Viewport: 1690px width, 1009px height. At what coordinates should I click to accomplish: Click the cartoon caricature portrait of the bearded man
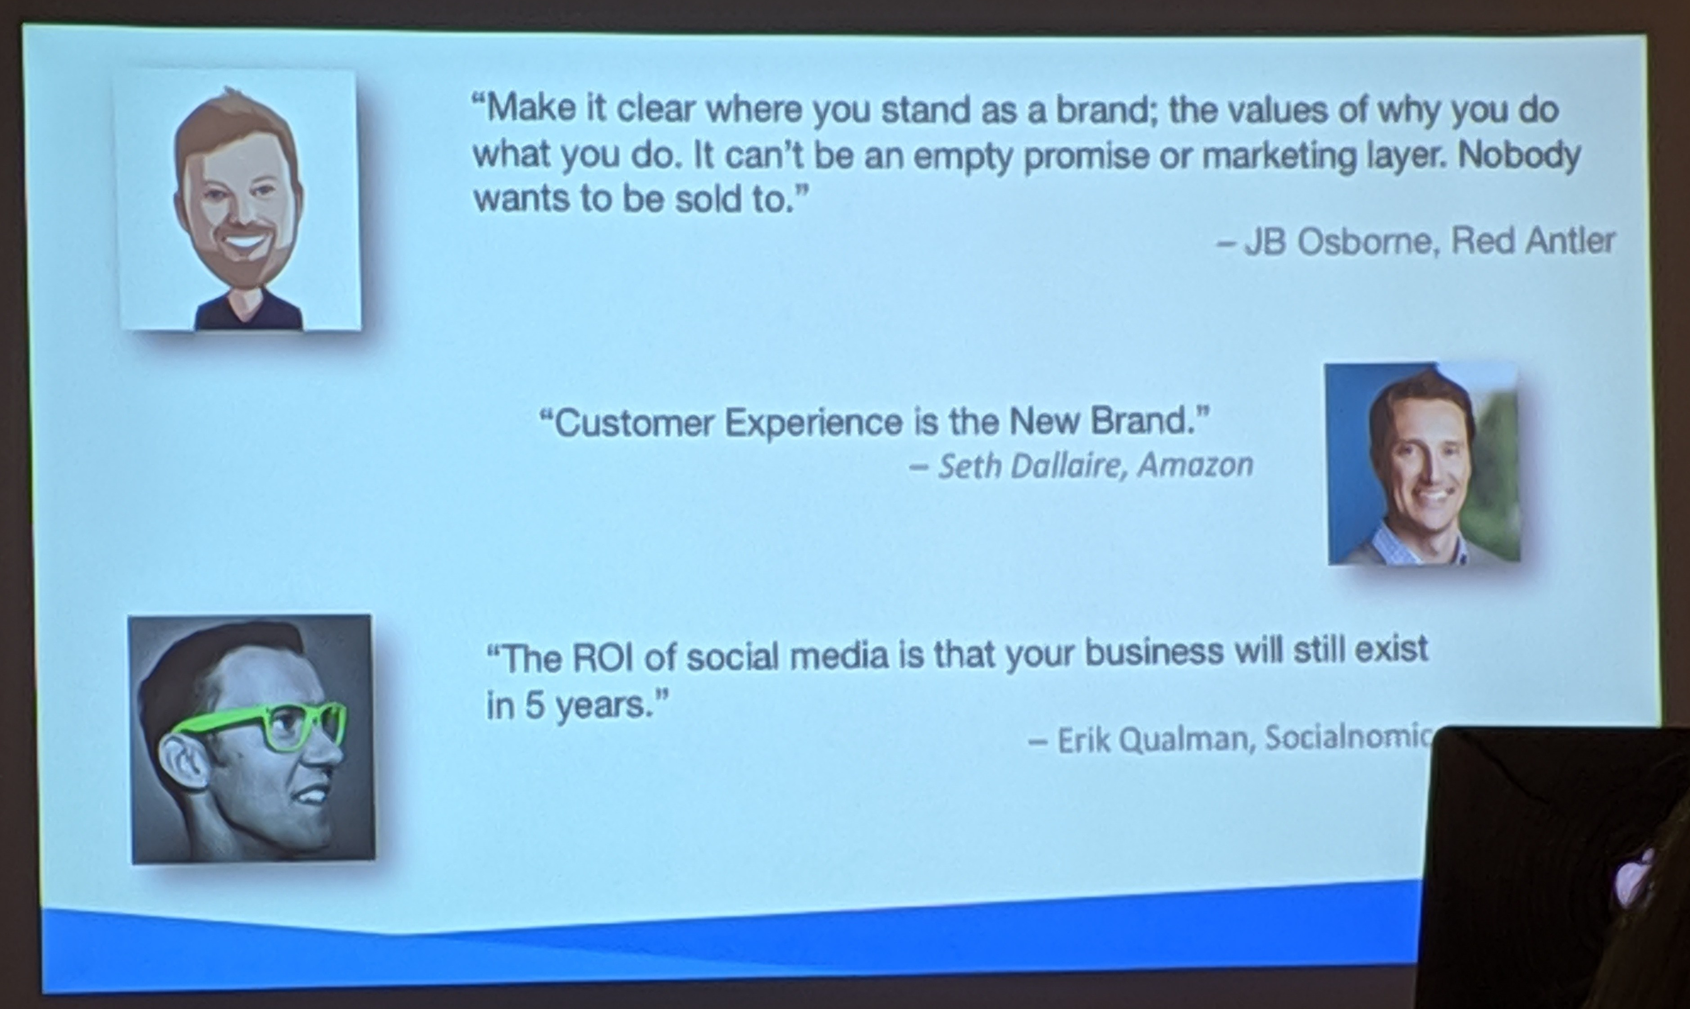coord(238,200)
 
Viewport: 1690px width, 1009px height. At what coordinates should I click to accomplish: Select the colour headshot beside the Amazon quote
coord(1423,464)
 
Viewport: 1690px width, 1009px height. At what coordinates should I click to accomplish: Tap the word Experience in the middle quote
coord(813,423)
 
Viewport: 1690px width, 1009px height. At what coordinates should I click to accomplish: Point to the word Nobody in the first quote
coord(1519,156)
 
